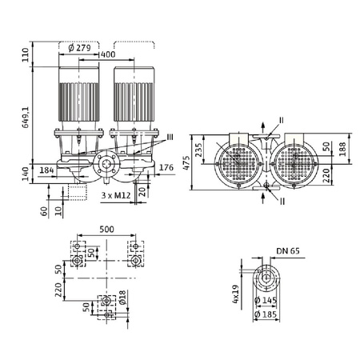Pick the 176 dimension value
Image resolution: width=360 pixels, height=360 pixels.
point(166,168)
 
